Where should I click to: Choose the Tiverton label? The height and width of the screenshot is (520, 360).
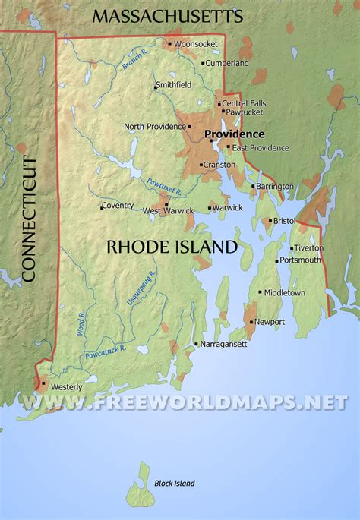[309, 247]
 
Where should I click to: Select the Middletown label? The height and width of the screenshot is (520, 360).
[285, 292]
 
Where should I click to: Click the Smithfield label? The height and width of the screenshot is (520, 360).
[174, 86]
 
